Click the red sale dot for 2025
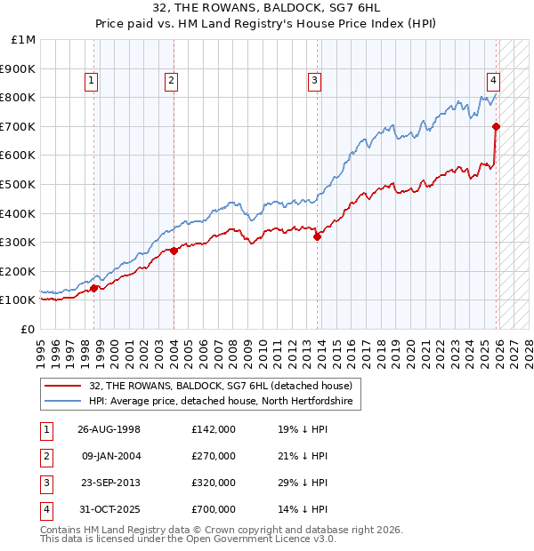click(496, 126)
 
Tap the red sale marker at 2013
click(317, 236)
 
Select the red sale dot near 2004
click(174, 251)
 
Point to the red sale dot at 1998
click(94, 288)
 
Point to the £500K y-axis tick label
click(19, 184)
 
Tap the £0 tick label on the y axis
click(28, 329)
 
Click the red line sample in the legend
click(63, 386)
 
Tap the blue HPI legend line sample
click(63, 402)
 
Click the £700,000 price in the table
click(214, 509)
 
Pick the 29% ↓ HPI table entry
click(302, 483)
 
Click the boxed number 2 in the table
click(45, 456)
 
